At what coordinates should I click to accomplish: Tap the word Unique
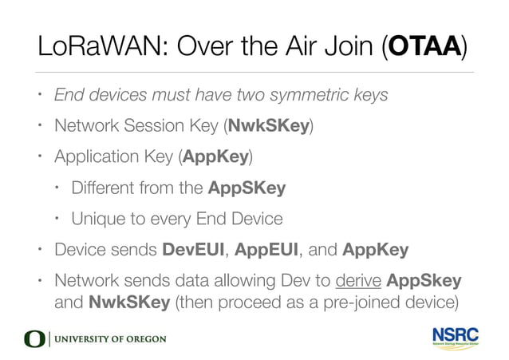coord(97,219)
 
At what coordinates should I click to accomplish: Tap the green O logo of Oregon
coord(35,338)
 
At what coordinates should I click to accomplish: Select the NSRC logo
coord(456,336)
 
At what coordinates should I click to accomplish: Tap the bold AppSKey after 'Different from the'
coord(247,188)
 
